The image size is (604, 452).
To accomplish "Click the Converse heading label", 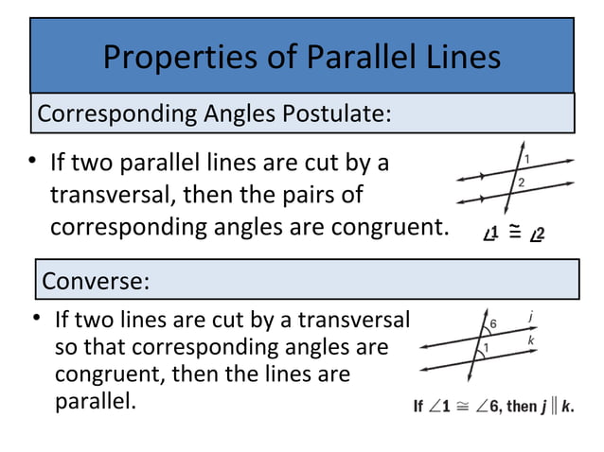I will pyautogui.click(x=95, y=281).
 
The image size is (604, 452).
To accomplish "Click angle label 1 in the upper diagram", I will pyautogui.click(x=526, y=157).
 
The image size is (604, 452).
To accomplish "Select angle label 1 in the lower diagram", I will pyautogui.click(x=485, y=349).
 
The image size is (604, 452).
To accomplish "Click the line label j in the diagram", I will pyautogui.click(x=532, y=320).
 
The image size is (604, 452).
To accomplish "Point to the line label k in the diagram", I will pyautogui.click(x=532, y=339).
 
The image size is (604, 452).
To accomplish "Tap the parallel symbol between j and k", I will pyautogui.click(x=555, y=408).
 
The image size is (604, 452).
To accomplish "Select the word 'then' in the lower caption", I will pyautogui.click(x=521, y=408).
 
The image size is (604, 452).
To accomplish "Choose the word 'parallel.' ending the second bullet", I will pyautogui.click(x=96, y=400).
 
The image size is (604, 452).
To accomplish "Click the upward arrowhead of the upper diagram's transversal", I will pyautogui.click(x=524, y=145).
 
